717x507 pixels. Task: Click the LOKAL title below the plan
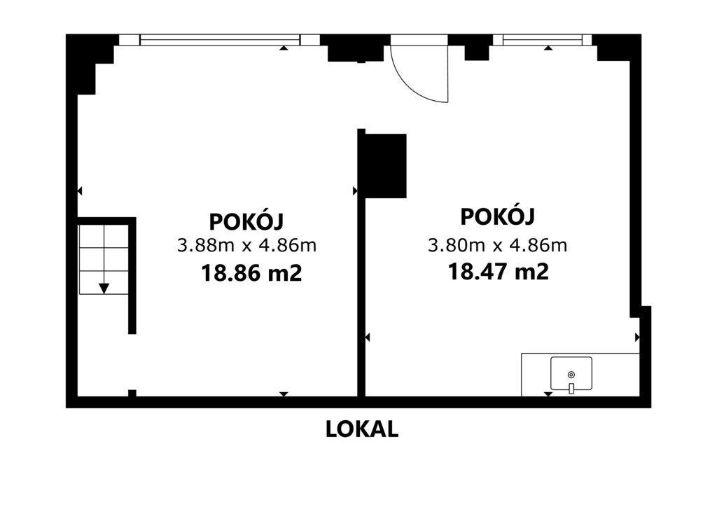[362, 429]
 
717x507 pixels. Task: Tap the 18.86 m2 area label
[251, 273]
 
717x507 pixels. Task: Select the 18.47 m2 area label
[498, 272]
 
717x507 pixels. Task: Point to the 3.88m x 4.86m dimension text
[247, 246]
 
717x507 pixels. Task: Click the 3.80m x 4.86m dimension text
[498, 246]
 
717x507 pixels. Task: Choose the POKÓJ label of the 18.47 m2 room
[498, 216]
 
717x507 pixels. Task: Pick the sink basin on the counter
[571, 373]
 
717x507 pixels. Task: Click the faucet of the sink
[571, 389]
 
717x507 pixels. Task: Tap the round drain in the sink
[571, 375]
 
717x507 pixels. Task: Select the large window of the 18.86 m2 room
[219, 40]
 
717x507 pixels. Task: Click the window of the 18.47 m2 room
[543, 40]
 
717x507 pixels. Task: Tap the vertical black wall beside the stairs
[132, 276]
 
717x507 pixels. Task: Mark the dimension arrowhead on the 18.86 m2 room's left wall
[80, 191]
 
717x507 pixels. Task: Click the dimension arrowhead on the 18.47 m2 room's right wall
[637, 338]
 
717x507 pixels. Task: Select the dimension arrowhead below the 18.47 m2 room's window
[548, 48]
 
